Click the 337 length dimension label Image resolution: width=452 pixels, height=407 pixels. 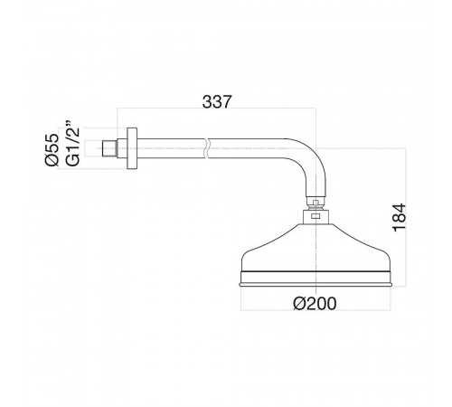coord(217,101)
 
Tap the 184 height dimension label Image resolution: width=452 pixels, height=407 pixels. coord(400,218)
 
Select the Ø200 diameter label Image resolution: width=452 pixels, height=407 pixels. coord(315,304)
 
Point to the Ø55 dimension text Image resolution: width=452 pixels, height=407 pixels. coord(52,149)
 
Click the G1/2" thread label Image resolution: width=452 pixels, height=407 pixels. coord(72,144)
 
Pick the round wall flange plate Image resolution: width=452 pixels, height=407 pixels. coord(132,148)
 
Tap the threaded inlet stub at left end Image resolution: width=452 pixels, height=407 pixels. coord(108,148)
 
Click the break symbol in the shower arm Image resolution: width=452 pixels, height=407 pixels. coord(206,148)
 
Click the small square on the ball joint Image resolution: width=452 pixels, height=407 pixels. coord(315,203)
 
